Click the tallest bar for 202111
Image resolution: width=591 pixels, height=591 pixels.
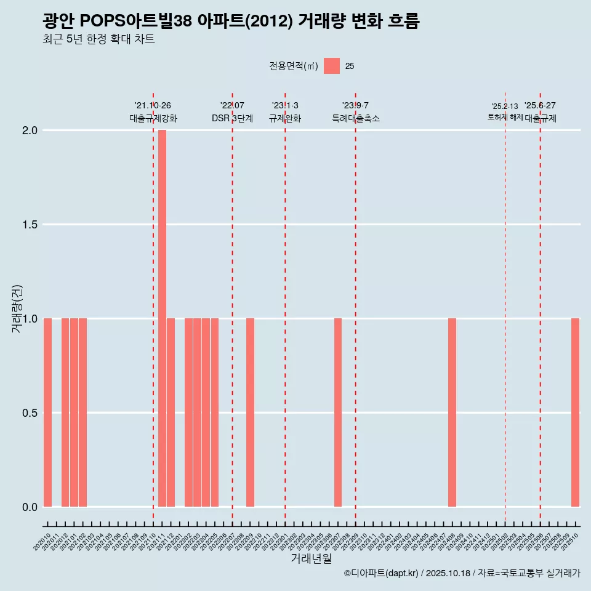point(162,318)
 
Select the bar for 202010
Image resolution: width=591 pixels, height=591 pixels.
point(47,412)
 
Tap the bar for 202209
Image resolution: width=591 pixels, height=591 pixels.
point(250,412)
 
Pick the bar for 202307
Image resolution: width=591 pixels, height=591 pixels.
point(338,412)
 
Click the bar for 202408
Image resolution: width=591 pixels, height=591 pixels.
point(452,412)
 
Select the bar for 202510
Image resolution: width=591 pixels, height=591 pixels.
point(575,412)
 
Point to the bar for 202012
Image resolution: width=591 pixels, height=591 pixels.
point(65,412)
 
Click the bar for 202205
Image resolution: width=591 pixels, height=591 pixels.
point(215,412)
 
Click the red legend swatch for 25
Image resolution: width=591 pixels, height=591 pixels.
point(332,66)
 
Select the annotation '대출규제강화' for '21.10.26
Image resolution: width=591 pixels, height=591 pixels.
point(153,118)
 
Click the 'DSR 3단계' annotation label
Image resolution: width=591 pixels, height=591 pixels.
point(232,118)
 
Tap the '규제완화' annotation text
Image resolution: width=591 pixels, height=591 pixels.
point(284,118)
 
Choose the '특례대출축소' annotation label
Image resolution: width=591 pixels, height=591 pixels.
point(355,118)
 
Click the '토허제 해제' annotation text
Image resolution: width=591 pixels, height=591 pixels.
point(505,116)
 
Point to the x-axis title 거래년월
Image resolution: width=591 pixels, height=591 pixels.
point(311,559)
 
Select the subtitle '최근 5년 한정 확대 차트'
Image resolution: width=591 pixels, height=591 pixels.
point(98,40)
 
